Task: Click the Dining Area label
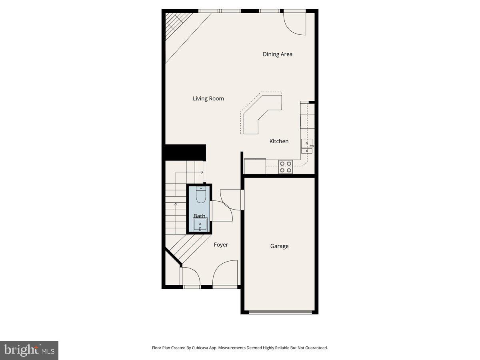click(x=277, y=54)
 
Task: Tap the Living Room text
click(x=208, y=99)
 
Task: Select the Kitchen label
click(x=279, y=141)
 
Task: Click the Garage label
click(x=279, y=246)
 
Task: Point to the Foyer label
click(x=221, y=245)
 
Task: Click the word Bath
click(x=199, y=216)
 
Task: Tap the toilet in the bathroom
click(x=200, y=195)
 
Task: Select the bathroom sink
click(x=200, y=225)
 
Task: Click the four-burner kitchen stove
click(x=285, y=167)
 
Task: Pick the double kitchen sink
click(x=307, y=146)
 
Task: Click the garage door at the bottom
click(x=280, y=312)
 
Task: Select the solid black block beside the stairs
click(x=184, y=152)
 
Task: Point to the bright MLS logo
click(x=29, y=350)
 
